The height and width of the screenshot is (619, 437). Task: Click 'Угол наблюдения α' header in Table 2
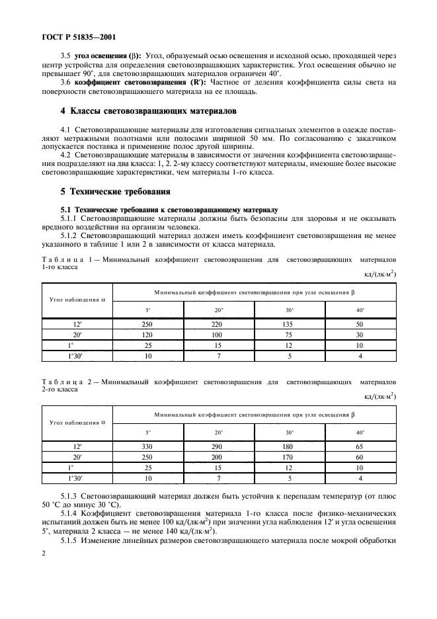tap(77, 422)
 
